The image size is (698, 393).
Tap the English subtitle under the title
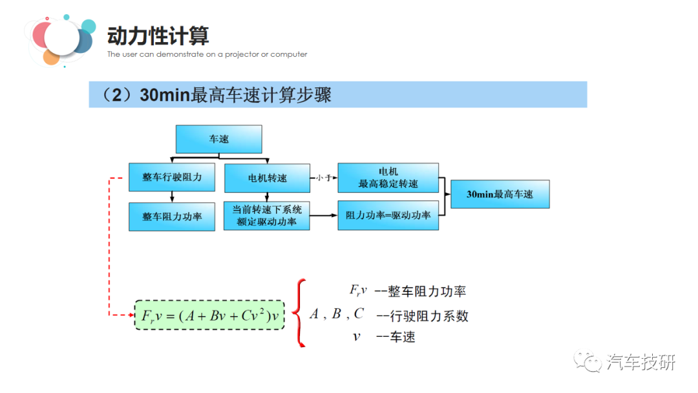click(x=207, y=55)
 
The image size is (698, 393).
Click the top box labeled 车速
click(x=218, y=139)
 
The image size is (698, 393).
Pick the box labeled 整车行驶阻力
click(x=172, y=177)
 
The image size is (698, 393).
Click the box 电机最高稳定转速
click(x=388, y=177)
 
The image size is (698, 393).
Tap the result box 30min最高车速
click(x=500, y=194)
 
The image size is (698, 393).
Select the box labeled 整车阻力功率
click(x=172, y=217)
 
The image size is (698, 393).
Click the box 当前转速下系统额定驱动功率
click(x=266, y=216)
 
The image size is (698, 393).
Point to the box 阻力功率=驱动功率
click(x=388, y=215)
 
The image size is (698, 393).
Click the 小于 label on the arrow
click(x=323, y=177)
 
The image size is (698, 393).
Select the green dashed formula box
click(x=209, y=315)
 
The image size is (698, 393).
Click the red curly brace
click(x=298, y=313)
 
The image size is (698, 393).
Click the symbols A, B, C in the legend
click(x=336, y=314)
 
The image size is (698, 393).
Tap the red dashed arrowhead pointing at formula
click(x=129, y=315)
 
